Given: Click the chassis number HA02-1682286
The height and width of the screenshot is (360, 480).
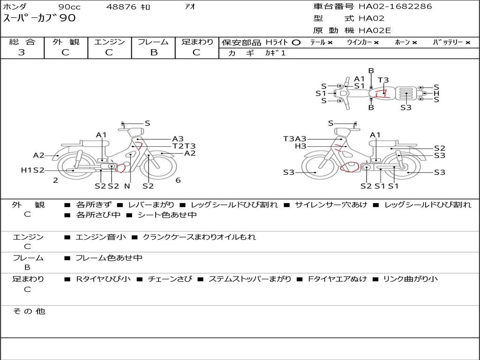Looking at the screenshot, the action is (x=395, y=7).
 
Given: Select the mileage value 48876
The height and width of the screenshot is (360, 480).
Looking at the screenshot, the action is (x=121, y=7).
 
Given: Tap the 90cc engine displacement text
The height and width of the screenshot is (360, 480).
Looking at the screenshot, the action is (x=69, y=7).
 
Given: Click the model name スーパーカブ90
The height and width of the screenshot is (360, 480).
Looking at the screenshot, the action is (x=39, y=19).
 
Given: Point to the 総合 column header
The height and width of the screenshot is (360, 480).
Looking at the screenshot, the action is (x=22, y=42).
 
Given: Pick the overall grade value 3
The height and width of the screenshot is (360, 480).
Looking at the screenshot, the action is (x=22, y=52).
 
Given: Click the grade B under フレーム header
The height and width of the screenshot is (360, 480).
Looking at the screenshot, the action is (x=153, y=52).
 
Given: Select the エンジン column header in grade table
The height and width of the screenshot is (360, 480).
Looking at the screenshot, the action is (x=109, y=42).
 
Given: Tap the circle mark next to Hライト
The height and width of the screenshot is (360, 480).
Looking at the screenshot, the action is (x=296, y=43).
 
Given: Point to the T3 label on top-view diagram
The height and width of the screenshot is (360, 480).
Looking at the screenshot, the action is (x=383, y=80).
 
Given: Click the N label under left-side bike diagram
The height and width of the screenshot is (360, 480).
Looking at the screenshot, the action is (x=127, y=186).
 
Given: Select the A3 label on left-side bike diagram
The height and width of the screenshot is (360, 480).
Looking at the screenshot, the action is (x=178, y=139).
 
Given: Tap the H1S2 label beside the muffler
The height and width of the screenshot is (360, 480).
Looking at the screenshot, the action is (x=32, y=170).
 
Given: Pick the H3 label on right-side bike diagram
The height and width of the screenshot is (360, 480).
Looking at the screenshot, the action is (x=300, y=146).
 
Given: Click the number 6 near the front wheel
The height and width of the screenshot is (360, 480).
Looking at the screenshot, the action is (x=178, y=180).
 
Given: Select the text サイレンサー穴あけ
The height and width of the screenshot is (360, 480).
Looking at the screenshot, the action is (x=331, y=205).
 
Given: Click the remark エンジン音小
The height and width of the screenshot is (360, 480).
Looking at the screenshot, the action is (x=101, y=237).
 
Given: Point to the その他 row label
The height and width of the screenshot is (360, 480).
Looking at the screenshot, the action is (x=29, y=311).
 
